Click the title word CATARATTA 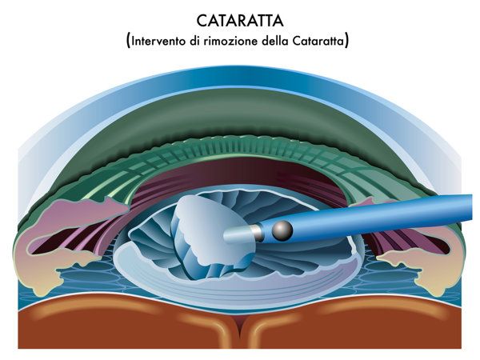point(240,21)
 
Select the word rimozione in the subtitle point(230,41)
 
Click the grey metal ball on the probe point(282,230)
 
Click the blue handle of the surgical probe point(367,218)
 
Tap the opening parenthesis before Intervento point(129,42)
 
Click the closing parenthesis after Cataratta point(346,42)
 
